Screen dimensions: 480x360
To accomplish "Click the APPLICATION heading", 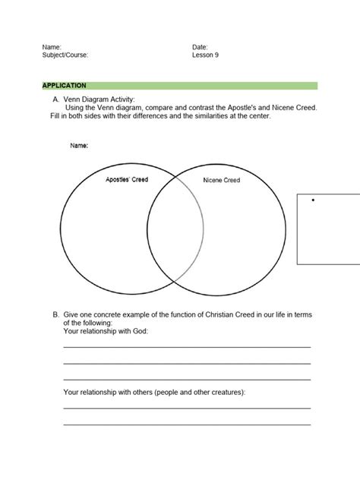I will pyautogui.click(x=64, y=85).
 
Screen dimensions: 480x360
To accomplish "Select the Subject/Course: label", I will pyautogui.click(x=65, y=55).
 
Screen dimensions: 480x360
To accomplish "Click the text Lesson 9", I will pyautogui.click(x=205, y=55).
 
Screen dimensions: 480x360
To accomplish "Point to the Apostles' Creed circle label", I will pyautogui.click(x=127, y=180).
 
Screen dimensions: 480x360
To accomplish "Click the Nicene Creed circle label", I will pyautogui.click(x=221, y=180).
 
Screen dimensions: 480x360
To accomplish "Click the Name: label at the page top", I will pyautogui.click(x=52, y=47).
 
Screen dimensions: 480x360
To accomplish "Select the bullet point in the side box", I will pyautogui.click(x=313, y=201).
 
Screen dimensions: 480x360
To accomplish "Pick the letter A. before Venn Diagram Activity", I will pyautogui.click(x=55, y=99).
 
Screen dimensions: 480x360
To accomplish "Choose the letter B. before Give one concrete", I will pyautogui.click(x=55, y=314).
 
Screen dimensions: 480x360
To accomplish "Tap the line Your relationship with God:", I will pyautogui.click(x=106, y=331).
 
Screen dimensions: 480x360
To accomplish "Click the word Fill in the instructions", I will pyautogui.click(x=49, y=116).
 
